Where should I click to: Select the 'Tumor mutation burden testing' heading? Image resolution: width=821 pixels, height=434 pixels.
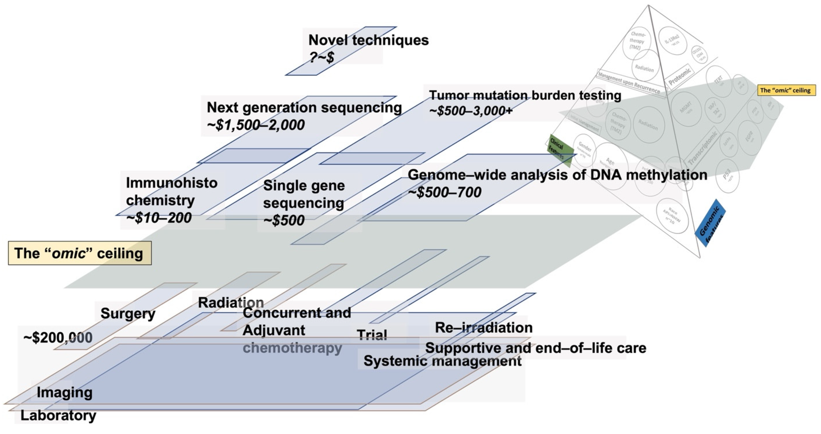click(x=525, y=95)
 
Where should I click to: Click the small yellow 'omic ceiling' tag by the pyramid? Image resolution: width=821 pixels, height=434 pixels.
click(x=786, y=90)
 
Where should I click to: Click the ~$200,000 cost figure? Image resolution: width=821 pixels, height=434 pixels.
click(x=58, y=338)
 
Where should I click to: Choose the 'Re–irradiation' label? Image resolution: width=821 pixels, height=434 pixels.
click(x=484, y=327)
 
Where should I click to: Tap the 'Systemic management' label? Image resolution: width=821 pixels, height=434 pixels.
click(x=442, y=361)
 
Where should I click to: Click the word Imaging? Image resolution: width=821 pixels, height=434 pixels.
click(x=64, y=392)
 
